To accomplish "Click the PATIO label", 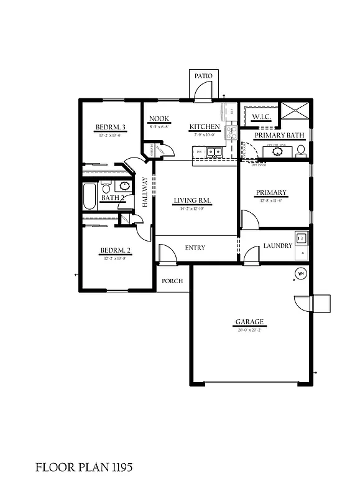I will tap(203, 76).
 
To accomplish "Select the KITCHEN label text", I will tap(205, 126).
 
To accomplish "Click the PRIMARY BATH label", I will tap(278, 135).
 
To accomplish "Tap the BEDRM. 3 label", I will tap(111, 127).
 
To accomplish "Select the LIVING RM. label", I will tap(193, 200).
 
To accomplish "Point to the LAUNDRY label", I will tap(277, 246).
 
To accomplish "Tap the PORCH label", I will tap(172, 281).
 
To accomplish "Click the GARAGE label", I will tap(249, 322).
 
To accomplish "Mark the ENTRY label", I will tap(195, 248).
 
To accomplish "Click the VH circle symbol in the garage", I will tap(300, 273).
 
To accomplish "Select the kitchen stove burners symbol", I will tap(231, 132).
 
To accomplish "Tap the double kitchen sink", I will tap(214, 151).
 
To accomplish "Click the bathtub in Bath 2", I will tap(89, 196).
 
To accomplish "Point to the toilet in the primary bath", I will tap(301, 150).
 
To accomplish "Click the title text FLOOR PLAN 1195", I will tap(84, 466).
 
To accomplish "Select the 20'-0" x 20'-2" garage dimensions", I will tap(249, 330).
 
